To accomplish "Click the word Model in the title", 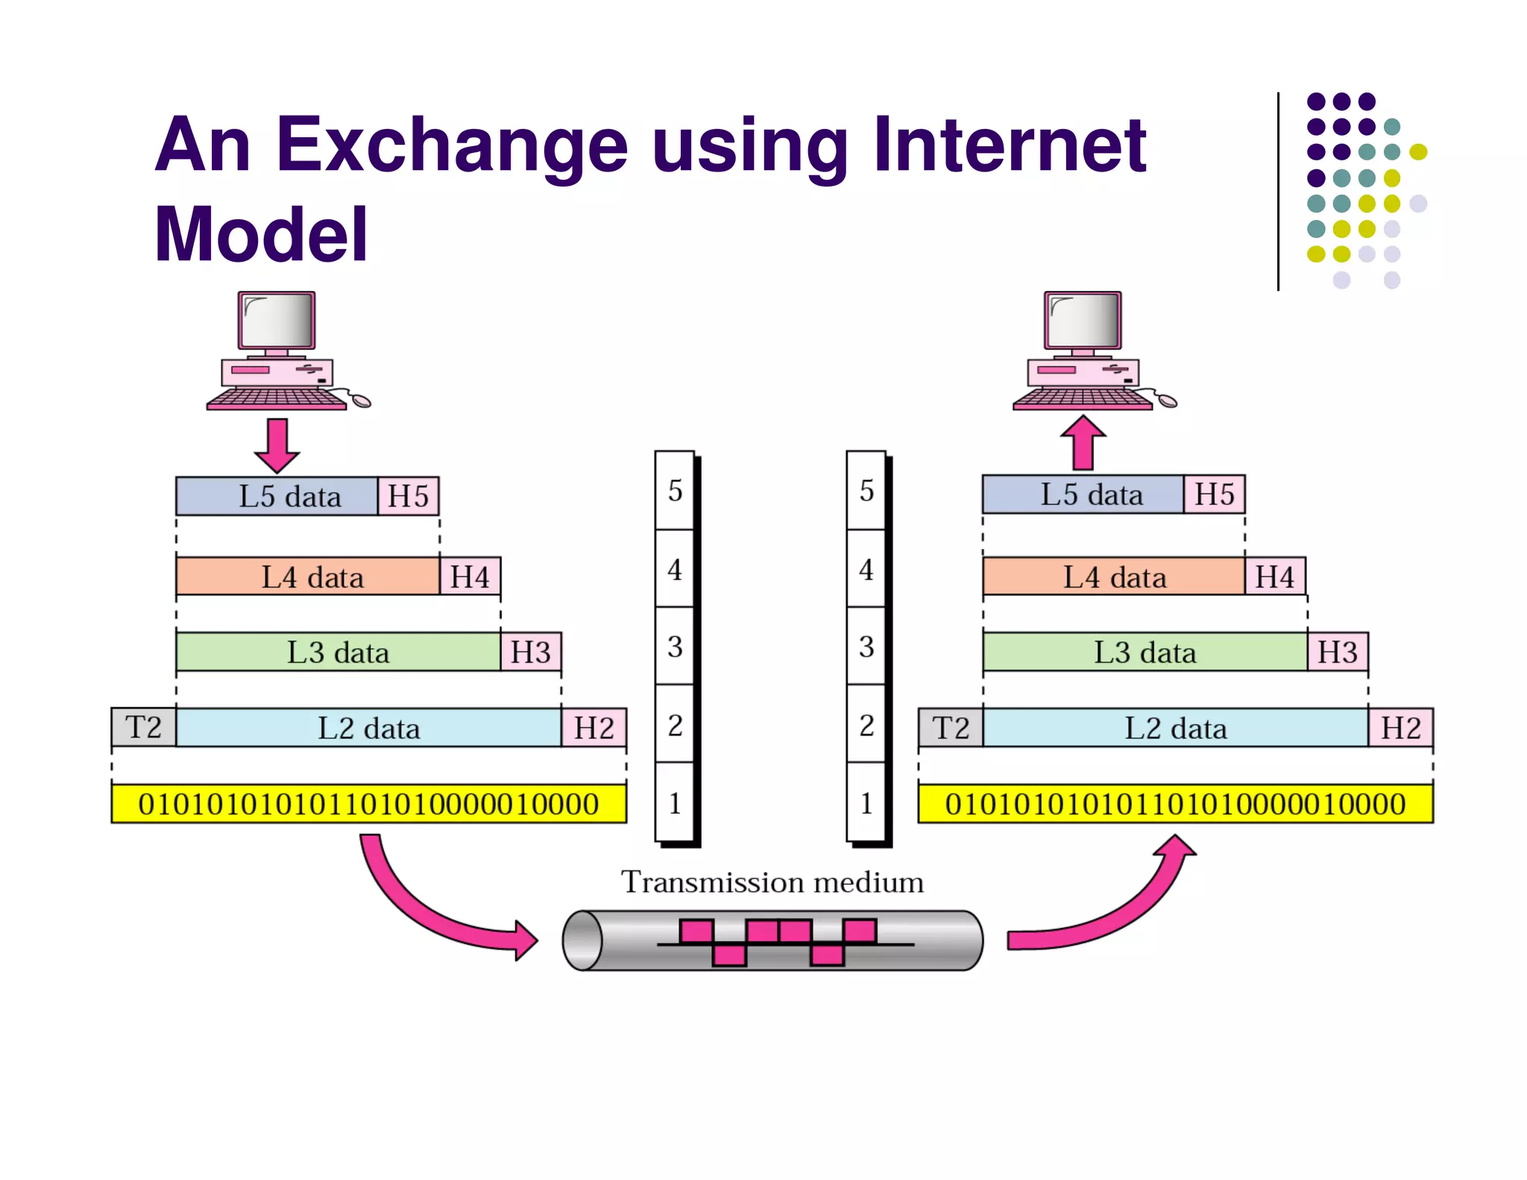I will point(261,235).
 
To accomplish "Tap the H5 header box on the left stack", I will point(408,496).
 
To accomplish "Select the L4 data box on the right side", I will point(1114,577).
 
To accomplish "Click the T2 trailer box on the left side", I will point(143,727).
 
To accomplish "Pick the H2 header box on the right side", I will point(1400,728).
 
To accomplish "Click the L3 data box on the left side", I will point(338,653).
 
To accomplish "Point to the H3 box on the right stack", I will point(1338,653).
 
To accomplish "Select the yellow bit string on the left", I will point(368,804).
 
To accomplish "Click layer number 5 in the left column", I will point(675,491).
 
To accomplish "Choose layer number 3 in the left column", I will point(675,647).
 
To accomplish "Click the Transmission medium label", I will point(772,882).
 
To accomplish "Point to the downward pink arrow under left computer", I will point(277,445).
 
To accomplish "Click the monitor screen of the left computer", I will point(277,319).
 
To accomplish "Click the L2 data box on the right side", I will point(1175,728).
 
